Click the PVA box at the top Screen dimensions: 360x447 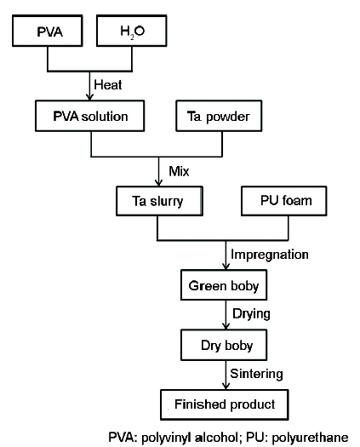pyautogui.click(x=48, y=31)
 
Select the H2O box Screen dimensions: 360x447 pyautogui.click(x=132, y=31)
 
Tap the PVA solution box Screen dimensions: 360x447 pyautogui.click(x=89, y=116)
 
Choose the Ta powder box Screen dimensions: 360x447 pyautogui.click(x=219, y=116)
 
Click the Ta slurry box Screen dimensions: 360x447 pyautogui.click(x=159, y=201)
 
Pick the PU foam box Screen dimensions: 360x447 pyautogui.click(x=284, y=201)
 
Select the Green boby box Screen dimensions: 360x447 pyautogui.click(x=224, y=285)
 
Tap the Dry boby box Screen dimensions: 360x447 pyautogui.click(x=224, y=345)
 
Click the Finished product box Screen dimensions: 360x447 pyautogui.click(x=225, y=404)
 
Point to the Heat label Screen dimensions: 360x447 pyautogui.click(x=108, y=85)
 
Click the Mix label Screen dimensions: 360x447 pyautogui.click(x=179, y=171)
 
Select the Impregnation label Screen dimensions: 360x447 pyautogui.click(x=270, y=255)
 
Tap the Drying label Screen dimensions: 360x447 pyautogui.click(x=251, y=314)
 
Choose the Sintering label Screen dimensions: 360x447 pyautogui.click(x=256, y=374)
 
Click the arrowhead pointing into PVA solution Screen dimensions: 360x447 pyautogui.click(x=89, y=97)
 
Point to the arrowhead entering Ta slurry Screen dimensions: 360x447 pyautogui.click(x=159, y=183)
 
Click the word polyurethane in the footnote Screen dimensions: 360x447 pyautogui.click(x=310, y=438)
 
